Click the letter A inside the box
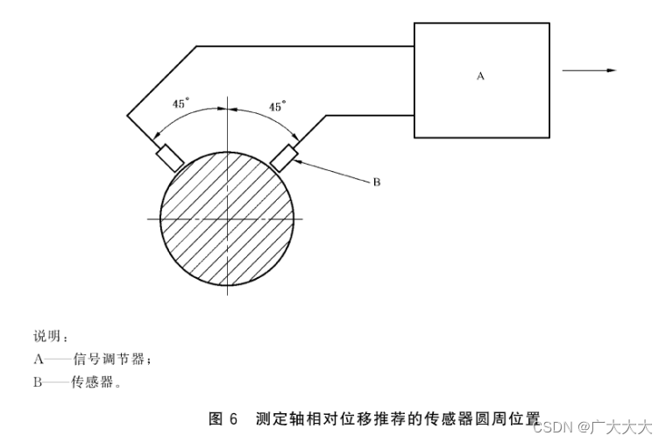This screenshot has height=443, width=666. click(480, 76)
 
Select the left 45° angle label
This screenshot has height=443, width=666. click(180, 104)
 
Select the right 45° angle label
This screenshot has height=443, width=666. click(276, 106)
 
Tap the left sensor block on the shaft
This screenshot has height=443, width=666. click(169, 157)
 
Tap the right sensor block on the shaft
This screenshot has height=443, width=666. click(284, 157)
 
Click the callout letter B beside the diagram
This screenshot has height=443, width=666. click(376, 182)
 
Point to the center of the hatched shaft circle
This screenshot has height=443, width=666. click(227, 217)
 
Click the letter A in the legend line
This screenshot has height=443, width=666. click(39, 359)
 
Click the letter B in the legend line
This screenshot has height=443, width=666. click(39, 382)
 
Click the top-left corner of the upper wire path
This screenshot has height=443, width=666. click(196, 46)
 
